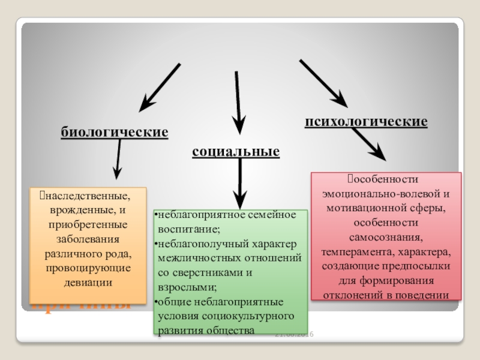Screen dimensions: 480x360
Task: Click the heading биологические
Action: (114, 131)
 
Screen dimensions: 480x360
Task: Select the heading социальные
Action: (236, 151)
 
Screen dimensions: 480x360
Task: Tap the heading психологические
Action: (366, 122)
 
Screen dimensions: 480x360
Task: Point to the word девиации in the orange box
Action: (88, 282)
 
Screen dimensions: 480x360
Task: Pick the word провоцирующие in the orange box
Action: (88, 268)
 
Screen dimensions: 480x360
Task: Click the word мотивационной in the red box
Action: (362, 208)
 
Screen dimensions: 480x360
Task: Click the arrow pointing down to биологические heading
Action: (159, 88)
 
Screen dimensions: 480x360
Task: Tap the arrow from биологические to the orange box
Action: (118, 158)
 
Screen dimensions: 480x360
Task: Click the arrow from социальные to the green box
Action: (239, 184)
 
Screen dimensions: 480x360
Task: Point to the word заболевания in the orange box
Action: (88, 239)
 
